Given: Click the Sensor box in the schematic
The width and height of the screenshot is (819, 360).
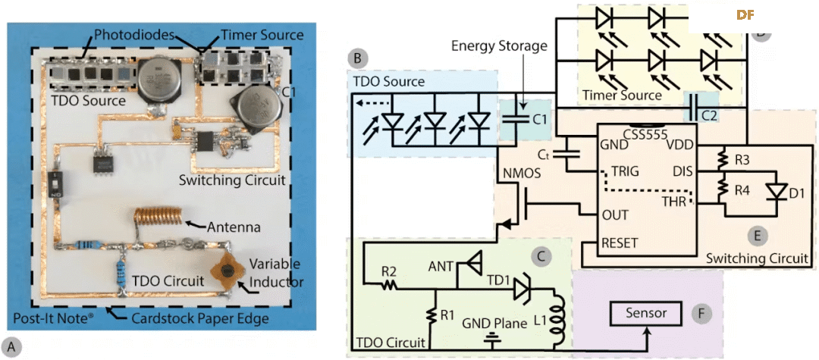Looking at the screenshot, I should (647, 312).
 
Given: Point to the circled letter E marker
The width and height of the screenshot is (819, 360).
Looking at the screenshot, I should (756, 236).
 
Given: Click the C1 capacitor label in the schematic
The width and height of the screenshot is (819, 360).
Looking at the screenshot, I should (539, 119).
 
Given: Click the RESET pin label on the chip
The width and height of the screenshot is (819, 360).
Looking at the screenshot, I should (620, 243).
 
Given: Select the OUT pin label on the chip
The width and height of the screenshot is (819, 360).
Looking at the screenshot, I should (613, 215).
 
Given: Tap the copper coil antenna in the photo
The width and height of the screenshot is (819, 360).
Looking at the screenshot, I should (161, 217).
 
